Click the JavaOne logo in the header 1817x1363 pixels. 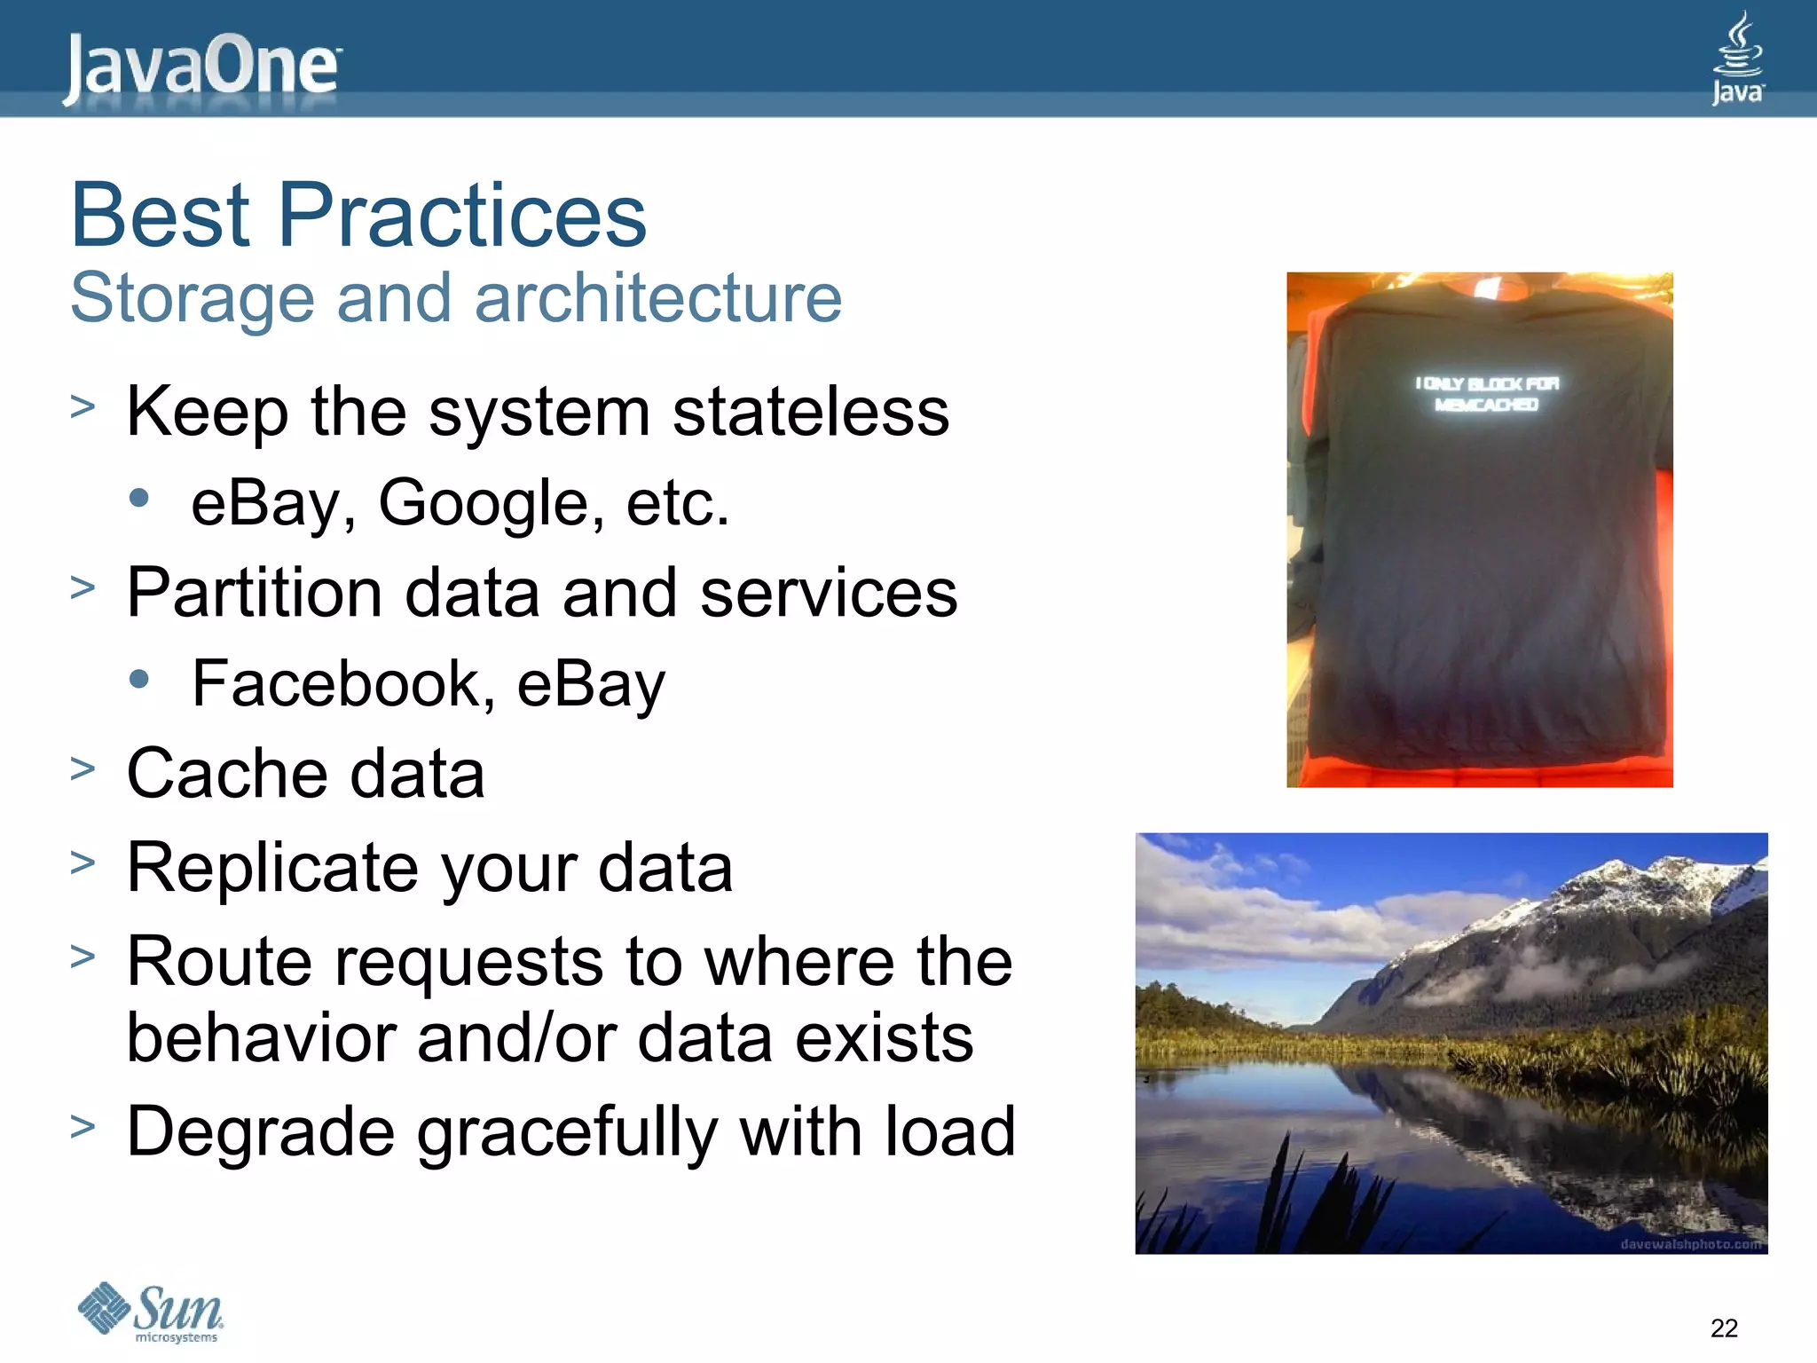coord(201,67)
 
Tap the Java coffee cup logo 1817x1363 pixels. coord(1737,59)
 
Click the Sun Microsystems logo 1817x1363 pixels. coord(151,1312)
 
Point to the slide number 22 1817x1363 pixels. coord(1724,1328)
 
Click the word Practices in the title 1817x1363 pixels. coord(462,216)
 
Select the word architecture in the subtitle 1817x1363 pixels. coord(657,298)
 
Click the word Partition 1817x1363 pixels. coord(254,593)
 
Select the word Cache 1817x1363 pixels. coord(226,774)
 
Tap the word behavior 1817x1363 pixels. coord(261,1037)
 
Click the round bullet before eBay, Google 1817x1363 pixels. coord(138,498)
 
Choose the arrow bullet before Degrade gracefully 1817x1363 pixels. coord(83,1127)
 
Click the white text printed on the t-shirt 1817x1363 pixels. coord(1487,394)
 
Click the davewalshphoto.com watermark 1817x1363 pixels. coord(1689,1244)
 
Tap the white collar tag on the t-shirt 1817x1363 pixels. coord(1487,287)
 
